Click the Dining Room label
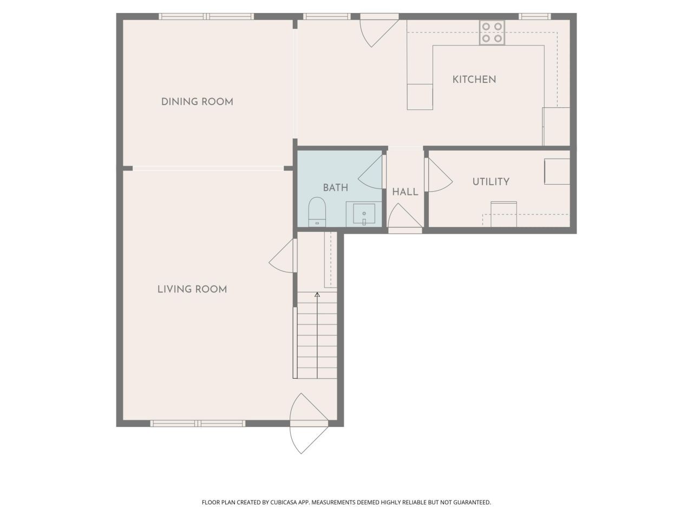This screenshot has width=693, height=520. pyautogui.click(x=197, y=102)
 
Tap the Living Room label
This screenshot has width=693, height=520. pyautogui.click(x=192, y=289)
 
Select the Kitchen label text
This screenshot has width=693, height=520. pyautogui.click(x=474, y=79)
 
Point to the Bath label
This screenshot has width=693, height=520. pyautogui.click(x=335, y=188)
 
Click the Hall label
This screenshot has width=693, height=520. pyautogui.click(x=405, y=192)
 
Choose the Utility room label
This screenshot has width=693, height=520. pyautogui.click(x=491, y=181)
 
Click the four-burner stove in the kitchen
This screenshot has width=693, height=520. pyautogui.click(x=492, y=32)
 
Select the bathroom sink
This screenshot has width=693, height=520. pyautogui.click(x=364, y=214)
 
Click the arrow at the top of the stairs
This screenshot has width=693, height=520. pyautogui.click(x=317, y=295)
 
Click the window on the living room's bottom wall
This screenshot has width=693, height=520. pyautogui.click(x=198, y=423)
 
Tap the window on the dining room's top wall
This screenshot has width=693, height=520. pyautogui.click(x=206, y=16)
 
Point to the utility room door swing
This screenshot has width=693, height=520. pyautogui.click(x=437, y=175)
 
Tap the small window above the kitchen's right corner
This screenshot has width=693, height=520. pyautogui.click(x=535, y=16)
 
